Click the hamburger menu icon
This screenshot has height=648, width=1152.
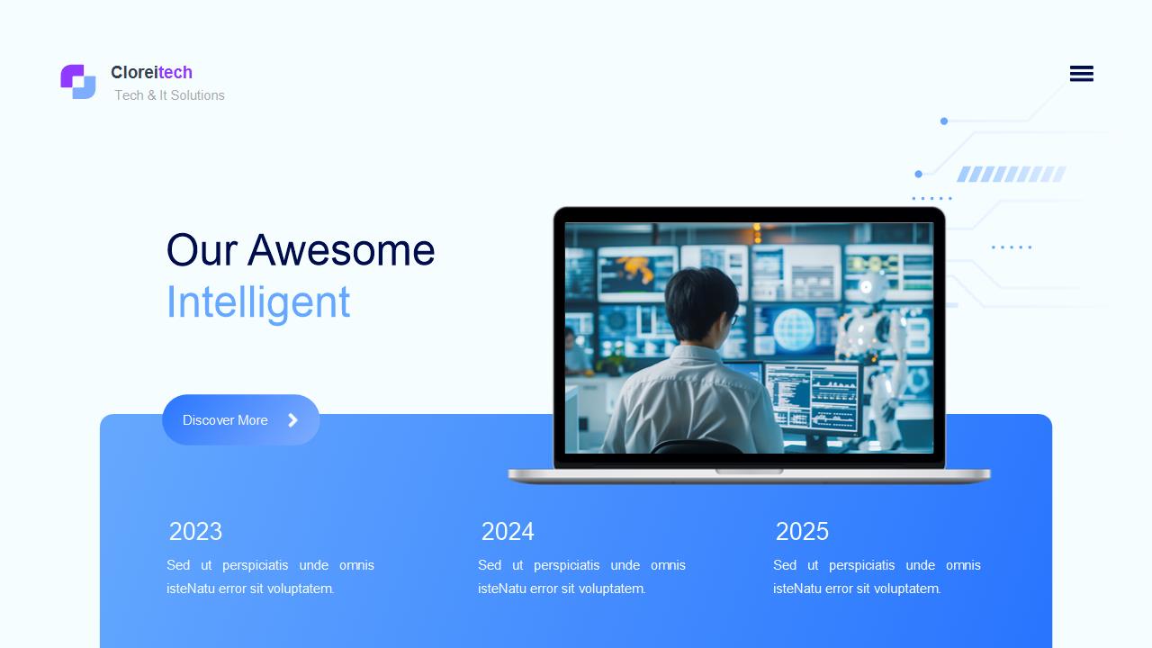point(1082,74)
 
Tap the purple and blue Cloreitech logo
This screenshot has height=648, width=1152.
point(78,81)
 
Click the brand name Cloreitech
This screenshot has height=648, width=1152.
point(152,73)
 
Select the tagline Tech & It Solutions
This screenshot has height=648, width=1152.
point(169,95)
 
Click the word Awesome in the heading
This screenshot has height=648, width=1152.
point(341,250)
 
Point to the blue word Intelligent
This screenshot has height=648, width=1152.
point(258,303)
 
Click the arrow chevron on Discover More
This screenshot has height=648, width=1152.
point(292,420)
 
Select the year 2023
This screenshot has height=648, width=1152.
point(195,531)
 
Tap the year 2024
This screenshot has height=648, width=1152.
point(508,531)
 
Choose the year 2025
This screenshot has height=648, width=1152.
point(802,531)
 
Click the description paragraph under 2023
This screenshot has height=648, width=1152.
point(271,577)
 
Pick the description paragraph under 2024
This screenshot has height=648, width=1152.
point(581,577)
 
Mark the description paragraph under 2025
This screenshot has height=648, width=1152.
point(877,577)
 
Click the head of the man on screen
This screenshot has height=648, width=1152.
point(700,304)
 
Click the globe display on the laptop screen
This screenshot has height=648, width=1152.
point(794,329)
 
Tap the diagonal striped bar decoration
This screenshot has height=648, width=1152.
point(1011,175)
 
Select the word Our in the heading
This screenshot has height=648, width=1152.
point(202,250)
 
